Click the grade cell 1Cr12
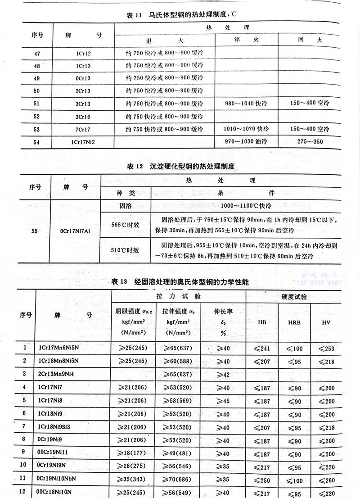click(x=84, y=54)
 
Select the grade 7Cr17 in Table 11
click(x=84, y=130)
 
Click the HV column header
click(x=326, y=322)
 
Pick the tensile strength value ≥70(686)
click(x=177, y=478)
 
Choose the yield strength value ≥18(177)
click(x=133, y=452)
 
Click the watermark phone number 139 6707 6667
click(x=319, y=283)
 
